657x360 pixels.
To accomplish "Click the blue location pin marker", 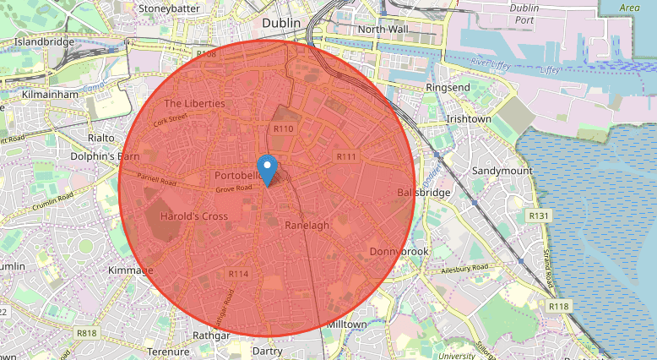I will coord(267,169).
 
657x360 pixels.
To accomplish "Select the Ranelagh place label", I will coord(307,226).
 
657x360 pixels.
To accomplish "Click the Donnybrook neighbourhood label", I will coord(399,252).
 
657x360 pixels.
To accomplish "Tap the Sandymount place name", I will coord(502,171).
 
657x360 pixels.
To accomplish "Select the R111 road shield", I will coord(346,157).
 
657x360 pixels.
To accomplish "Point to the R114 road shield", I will coord(238,274).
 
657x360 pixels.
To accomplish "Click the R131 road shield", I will coord(538,216).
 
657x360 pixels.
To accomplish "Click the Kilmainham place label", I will coord(51,95).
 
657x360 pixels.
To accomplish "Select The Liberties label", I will coord(194,103).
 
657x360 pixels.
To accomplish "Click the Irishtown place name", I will coord(469,119).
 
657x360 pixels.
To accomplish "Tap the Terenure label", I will coord(168,352).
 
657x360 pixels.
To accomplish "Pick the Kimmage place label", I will coord(131,270).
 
